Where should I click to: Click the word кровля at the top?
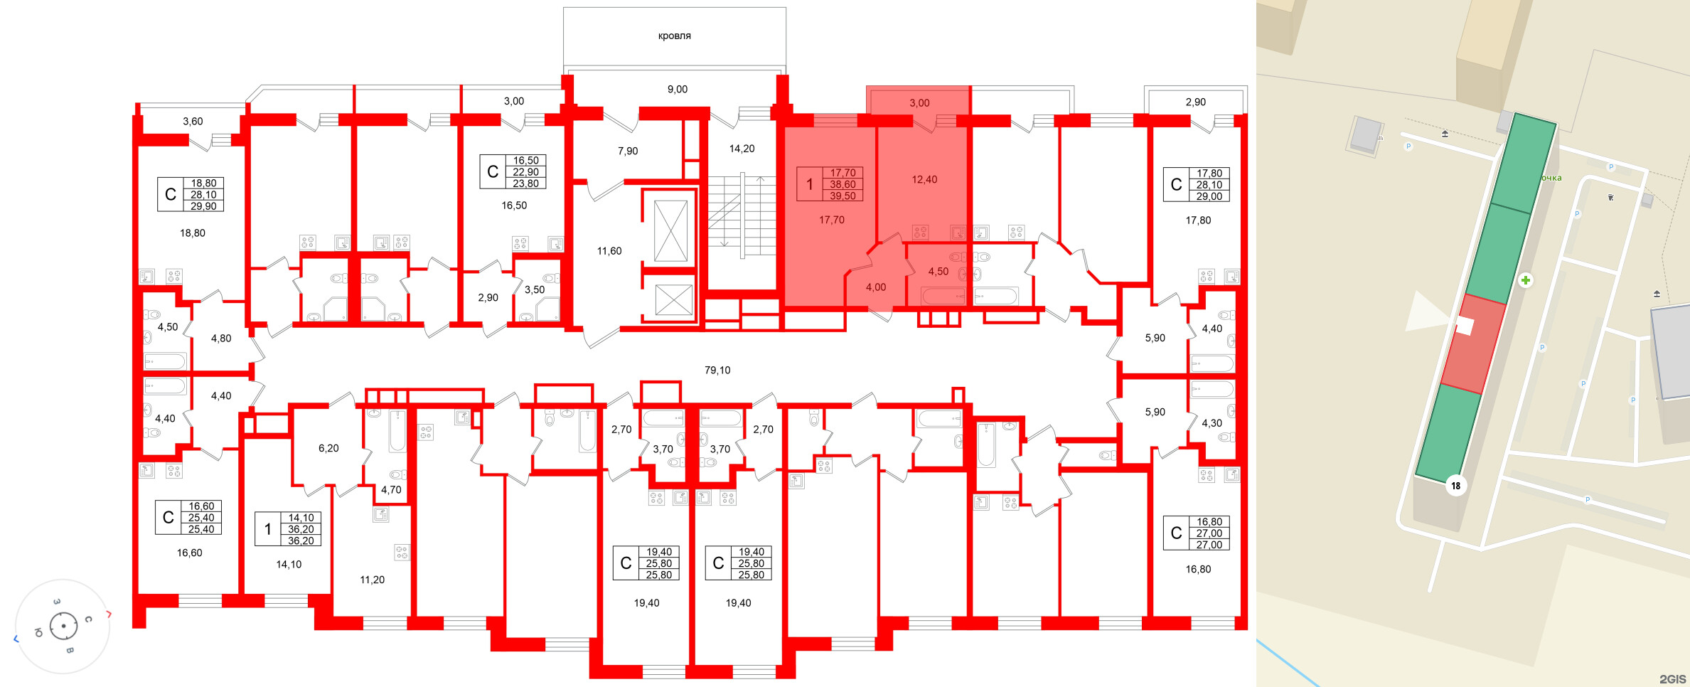[x=674, y=36]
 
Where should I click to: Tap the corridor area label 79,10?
[x=717, y=370]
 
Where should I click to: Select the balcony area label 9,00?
[x=677, y=89]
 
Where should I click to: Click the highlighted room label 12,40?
[x=924, y=179]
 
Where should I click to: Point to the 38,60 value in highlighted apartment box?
[x=843, y=184]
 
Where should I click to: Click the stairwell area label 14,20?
[x=742, y=149]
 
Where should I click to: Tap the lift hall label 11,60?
[x=609, y=251]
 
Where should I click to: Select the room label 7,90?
[x=628, y=151]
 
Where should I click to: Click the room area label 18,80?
[x=193, y=233]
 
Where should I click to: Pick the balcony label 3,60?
[x=193, y=121]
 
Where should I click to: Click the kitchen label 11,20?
[x=372, y=580]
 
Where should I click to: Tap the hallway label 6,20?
[x=328, y=448]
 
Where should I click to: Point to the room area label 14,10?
[x=289, y=564]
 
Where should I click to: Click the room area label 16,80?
[x=1198, y=569]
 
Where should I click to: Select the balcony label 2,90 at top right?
[x=1196, y=102]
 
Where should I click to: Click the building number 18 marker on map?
[x=1456, y=486]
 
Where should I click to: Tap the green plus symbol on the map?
[x=1526, y=280]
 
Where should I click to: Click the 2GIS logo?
[x=1672, y=678]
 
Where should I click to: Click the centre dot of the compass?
[x=64, y=626]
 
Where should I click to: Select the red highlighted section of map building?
[x=1473, y=344]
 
